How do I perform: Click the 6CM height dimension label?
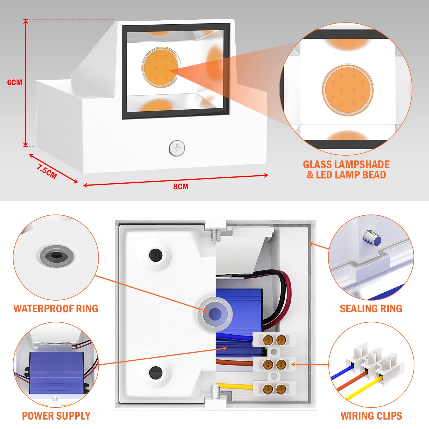click(x=15, y=82)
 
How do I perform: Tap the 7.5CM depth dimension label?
click(x=47, y=171)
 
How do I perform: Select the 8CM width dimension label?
click(x=181, y=186)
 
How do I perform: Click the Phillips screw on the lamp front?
click(x=177, y=148)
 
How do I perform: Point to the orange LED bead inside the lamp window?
click(x=161, y=67)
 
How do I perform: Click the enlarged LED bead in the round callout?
click(x=347, y=90)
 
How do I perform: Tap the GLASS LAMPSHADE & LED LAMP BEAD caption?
click(x=346, y=170)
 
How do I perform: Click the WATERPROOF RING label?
click(x=56, y=309)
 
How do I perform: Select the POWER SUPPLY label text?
click(x=56, y=416)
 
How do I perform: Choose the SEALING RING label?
click(x=371, y=309)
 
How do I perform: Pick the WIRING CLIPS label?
click(x=371, y=416)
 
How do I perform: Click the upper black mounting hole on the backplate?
click(x=156, y=255)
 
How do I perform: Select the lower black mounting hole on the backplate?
click(x=156, y=372)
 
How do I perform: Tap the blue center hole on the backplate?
click(x=215, y=314)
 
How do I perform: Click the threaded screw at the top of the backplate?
click(x=216, y=235)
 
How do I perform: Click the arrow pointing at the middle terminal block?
click(x=309, y=365)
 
